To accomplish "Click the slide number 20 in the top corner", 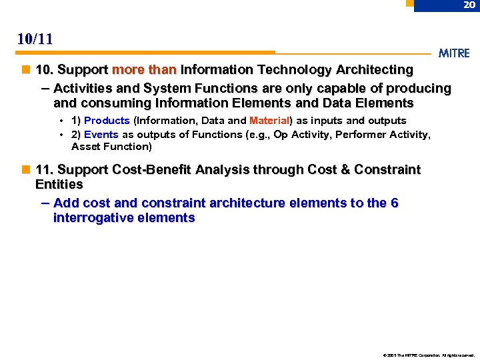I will point(469,5).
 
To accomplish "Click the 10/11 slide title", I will point(35,39).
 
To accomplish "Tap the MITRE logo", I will point(455,53).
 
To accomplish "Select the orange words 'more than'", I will point(144,69).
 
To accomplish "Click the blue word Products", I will point(107,121).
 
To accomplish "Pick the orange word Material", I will point(269,121).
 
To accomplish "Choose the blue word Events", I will point(101,134).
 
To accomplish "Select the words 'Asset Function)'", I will point(111,147).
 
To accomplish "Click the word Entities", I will point(59,184).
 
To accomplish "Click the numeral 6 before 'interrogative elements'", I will point(394,203).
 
